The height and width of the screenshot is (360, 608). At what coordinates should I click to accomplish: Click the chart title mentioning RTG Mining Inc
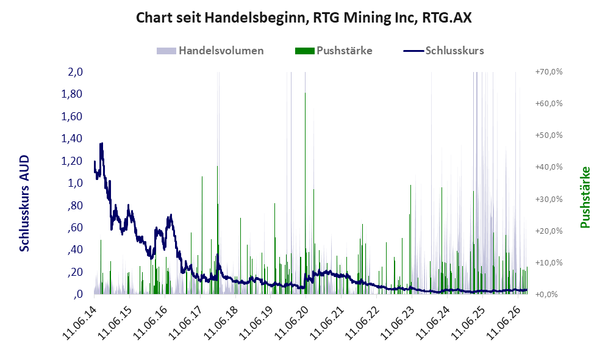coord(304,18)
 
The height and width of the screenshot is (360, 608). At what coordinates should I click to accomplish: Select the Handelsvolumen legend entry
coord(210,51)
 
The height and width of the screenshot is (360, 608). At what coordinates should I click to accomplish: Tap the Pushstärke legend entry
coord(334,51)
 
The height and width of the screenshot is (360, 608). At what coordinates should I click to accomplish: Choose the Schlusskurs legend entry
coord(443,51)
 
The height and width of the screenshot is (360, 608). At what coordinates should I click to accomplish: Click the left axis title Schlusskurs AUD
coord(24,203)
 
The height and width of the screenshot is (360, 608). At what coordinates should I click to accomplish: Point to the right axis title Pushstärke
coord(585,198)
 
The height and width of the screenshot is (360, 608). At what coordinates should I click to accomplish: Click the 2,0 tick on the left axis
coord(75,72)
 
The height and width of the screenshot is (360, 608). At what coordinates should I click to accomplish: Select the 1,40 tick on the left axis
coord(72,139)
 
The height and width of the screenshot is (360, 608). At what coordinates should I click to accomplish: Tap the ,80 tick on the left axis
coord(75,205)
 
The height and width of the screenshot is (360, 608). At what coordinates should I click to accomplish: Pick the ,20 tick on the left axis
coord(75,272)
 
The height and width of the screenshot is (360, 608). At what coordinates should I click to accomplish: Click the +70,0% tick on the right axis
coord(549,72)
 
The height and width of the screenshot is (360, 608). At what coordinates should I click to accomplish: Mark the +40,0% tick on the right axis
coord(549,167)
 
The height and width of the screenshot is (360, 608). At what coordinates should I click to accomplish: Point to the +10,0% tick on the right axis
coord(549,262)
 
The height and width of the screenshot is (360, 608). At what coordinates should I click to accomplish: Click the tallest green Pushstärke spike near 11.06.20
coord(305,193)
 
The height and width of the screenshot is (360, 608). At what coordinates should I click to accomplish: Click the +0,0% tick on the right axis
coord(549,295)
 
